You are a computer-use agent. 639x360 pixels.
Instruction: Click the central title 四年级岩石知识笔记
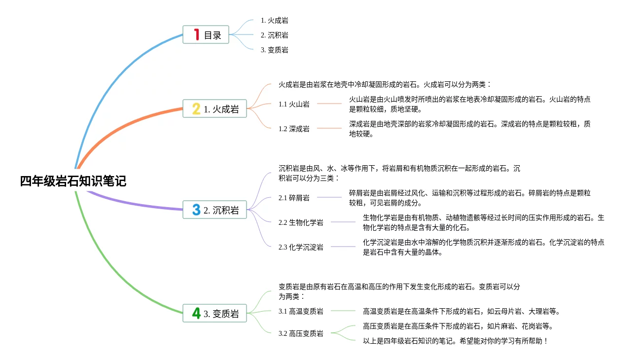(73, 181)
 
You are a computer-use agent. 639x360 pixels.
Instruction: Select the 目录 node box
(206, 35)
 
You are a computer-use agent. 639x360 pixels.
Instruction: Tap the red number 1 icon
(196, 35)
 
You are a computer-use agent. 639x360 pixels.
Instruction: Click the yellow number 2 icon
(196, 109)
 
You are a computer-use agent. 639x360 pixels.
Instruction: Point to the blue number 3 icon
(196, 210)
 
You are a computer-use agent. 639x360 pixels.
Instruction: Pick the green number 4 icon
(196, 313)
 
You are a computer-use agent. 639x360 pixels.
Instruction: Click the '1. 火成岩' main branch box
(214, 109)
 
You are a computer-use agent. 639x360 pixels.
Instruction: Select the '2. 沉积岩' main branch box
(214, 210)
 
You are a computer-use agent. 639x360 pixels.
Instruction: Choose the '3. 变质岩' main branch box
(214, 313)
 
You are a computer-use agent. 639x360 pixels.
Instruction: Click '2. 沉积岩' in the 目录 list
(275, 35)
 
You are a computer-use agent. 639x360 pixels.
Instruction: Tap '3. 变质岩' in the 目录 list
(275, 50)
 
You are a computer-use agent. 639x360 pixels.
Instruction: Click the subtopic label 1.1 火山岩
(294, 104)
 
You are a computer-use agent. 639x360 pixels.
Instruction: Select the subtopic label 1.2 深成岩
(294, 129)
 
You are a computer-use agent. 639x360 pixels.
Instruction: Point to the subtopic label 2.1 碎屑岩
(294, 198)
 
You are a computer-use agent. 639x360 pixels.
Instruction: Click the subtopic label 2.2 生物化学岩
(301, 222)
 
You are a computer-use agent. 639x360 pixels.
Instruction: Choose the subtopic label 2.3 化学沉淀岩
(301, 247)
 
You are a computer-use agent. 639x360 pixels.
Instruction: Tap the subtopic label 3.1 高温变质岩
(301, 311)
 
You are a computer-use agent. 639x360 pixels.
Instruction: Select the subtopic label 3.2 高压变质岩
(301, 333)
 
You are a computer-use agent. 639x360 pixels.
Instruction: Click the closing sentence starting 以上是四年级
(455, 341)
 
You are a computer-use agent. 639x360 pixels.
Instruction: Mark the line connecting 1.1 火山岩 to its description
(329, 104)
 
